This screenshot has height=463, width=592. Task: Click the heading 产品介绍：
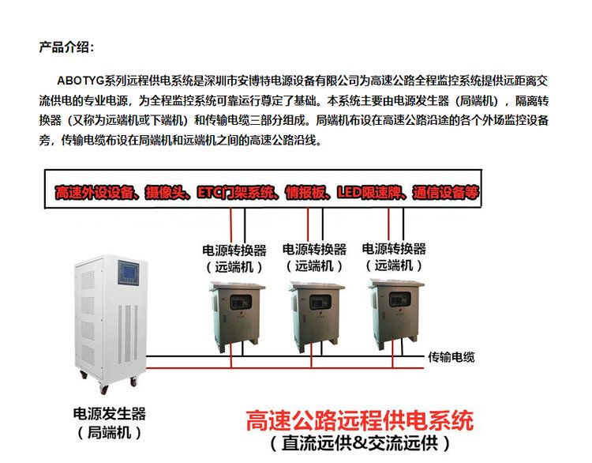[66, 47]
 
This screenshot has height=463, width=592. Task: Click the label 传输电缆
[451, 357]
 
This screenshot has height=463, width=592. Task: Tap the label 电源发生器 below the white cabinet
[110, 414]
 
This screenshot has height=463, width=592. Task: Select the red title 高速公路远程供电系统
[361, 420]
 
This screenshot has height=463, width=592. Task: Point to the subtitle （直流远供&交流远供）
[361, 442]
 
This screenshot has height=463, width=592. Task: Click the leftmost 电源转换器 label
[235, 250]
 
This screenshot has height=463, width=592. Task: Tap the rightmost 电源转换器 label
[394, 249]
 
